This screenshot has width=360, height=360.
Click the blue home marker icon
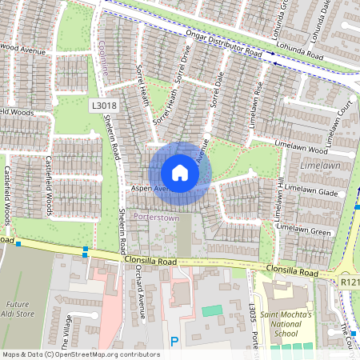180,173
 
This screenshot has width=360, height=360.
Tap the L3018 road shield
103,105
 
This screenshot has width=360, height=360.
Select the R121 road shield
350,282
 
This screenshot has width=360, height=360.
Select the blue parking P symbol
174,342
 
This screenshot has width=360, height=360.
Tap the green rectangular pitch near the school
212,310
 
